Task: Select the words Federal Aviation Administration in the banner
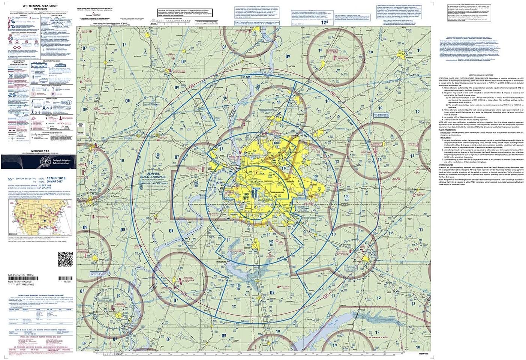56,162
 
